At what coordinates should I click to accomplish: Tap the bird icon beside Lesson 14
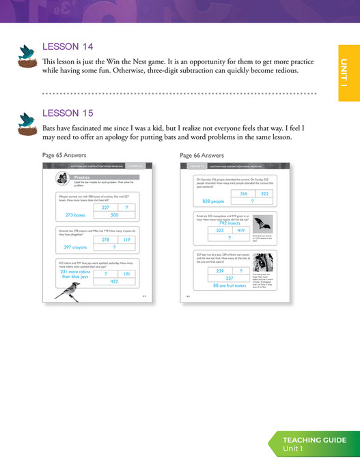[x=27, y=56]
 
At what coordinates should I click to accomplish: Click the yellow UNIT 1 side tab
[x=348, y=72]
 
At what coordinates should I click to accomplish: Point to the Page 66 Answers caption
[x=202, y=155]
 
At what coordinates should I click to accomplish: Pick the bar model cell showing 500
[x=114, y=215]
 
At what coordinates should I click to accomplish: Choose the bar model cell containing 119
[x=128, y=240]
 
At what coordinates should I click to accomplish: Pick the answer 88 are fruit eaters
[x=230, y=286]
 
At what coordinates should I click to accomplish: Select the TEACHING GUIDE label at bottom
[x=315, y=440]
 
